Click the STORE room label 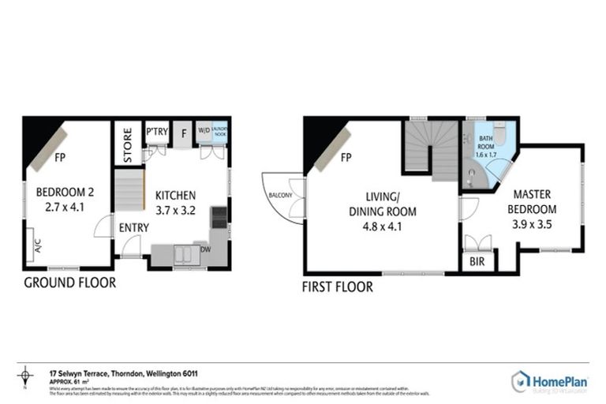tap(129, 143)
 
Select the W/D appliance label tap(204, 130)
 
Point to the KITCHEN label tap(175, 196)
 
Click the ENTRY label tap(134, 228)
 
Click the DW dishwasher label tap(205, 249)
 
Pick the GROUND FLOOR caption tap(69, 282)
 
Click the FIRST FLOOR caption tap(338, 287)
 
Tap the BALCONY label tap(281, 194)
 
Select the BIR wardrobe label tap(477, 261)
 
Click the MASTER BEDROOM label tap(534, 202)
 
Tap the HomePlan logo tap(550, 382)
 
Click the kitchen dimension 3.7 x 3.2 tap(175, 211)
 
